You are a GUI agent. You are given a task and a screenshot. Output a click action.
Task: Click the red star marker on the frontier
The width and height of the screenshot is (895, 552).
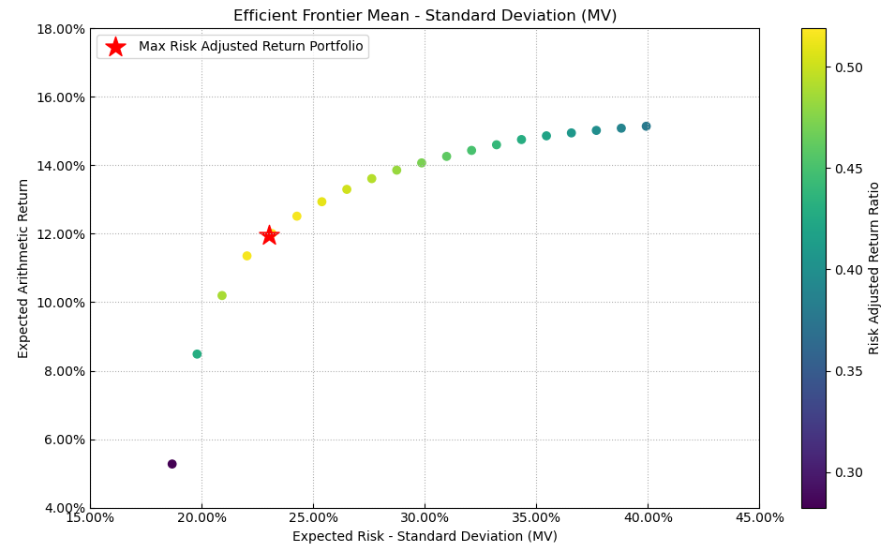pos(269,235)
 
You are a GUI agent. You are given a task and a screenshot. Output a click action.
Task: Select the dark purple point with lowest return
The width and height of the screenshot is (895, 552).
pos(172,464)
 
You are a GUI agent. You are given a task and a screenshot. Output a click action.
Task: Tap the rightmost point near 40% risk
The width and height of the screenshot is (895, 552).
pos(646,127)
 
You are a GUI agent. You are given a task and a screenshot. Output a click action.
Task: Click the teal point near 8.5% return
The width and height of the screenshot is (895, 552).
pos(197,354)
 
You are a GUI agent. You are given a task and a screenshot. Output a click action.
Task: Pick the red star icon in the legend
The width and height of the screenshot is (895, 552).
pos(115,47)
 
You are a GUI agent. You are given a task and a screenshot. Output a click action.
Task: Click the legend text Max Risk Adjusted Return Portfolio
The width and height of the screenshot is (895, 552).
pos(250,47)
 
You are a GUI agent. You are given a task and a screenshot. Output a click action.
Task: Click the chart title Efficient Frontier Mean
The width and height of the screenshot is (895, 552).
pos(425,16)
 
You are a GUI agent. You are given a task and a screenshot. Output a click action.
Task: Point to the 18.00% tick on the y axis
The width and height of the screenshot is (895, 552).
pos(59,29)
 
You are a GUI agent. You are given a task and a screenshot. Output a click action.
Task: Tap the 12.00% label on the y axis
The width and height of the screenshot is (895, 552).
pos(59,234)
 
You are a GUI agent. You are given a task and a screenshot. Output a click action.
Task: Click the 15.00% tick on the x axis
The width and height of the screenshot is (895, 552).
pos(90,518)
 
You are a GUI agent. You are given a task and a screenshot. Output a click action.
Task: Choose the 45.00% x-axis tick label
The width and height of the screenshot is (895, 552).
pos(759,518)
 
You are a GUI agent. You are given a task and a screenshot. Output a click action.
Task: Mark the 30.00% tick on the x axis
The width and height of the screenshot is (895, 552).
pos(425,518)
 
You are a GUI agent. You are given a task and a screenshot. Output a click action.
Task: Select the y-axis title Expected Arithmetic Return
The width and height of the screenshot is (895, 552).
pos(23,268)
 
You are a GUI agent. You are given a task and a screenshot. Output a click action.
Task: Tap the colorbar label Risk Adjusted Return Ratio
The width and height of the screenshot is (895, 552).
pos(874,268)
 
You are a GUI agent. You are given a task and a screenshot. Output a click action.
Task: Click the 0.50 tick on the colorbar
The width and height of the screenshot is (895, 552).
pos(849,67)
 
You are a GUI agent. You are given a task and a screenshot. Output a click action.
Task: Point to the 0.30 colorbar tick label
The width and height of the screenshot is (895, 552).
pos(849,472)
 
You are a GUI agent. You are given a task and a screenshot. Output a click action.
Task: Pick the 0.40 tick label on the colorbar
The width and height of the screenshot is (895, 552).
pos(849,270)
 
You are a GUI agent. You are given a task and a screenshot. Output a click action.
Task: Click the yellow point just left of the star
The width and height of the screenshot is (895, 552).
pos(246,256)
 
